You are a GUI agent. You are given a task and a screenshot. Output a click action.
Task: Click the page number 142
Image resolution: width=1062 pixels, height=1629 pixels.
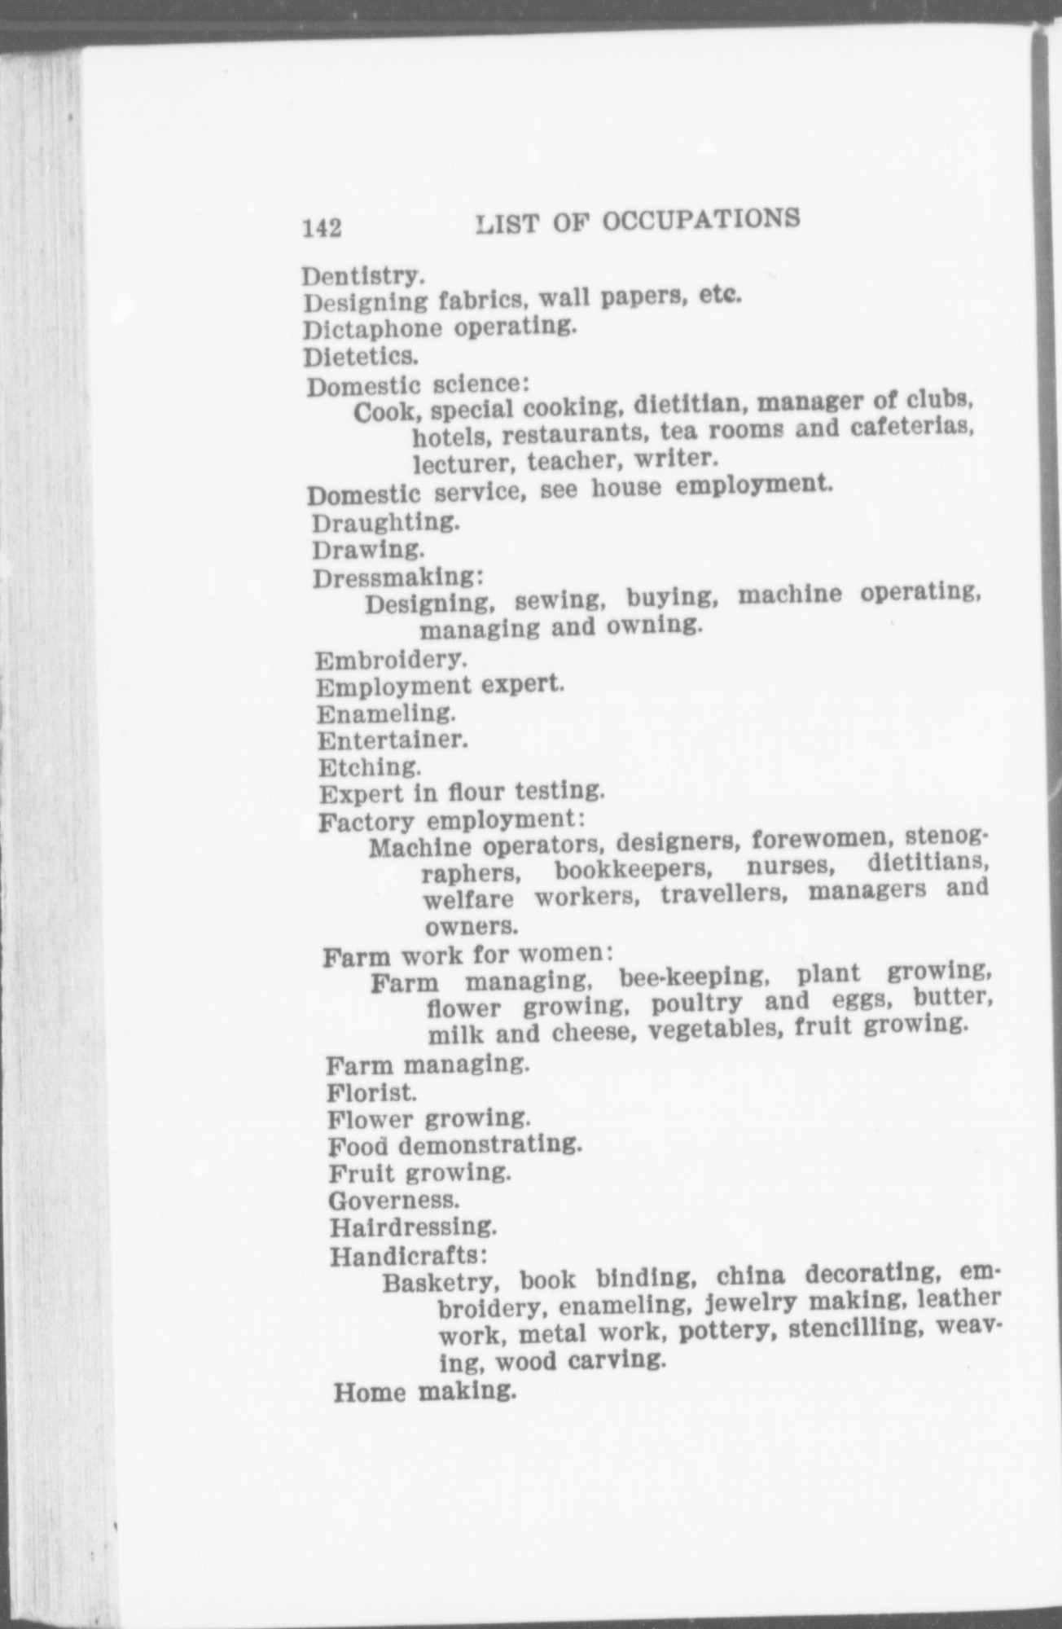coord(322,228)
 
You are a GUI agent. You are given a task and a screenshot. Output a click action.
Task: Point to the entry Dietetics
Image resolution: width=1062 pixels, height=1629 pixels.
coord(362,357)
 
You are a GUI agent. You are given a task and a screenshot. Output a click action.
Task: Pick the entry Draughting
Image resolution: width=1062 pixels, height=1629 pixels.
coord(386,521)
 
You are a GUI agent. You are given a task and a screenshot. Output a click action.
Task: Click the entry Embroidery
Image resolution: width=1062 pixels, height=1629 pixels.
coord(391,657)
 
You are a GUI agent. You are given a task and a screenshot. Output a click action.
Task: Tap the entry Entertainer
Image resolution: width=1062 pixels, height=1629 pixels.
coord(393,740)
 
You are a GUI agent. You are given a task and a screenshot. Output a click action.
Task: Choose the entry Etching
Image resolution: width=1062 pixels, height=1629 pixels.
coord(370,767)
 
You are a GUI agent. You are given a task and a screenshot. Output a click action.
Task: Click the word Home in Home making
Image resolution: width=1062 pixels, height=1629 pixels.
coord(369,1392)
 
